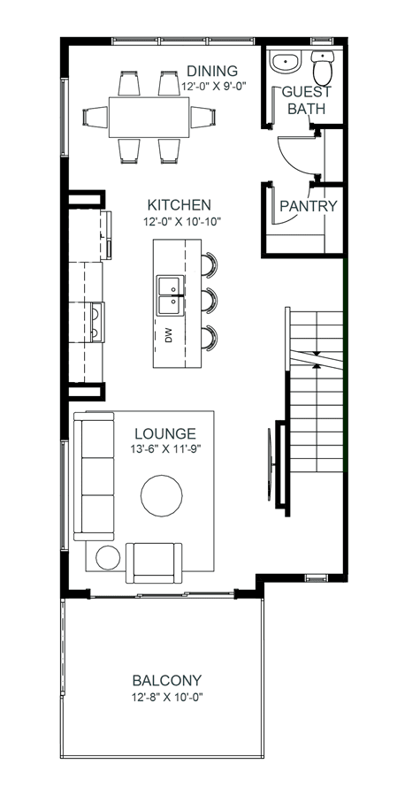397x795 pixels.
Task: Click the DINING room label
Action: point(212,71)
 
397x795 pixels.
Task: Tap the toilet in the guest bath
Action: point(322,67)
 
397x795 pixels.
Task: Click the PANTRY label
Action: point(309,206)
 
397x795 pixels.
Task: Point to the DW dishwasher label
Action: point(169,335)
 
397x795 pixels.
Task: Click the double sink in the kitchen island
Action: point(171,295)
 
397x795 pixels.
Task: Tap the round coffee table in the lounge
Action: point(162,496)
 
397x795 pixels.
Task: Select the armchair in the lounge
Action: point(154,562)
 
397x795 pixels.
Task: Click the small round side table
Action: point(108,558)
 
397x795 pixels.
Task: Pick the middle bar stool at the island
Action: point(210,300)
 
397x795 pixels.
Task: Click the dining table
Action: point(149,117)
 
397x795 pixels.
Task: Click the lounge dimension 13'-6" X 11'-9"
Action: point(165,448)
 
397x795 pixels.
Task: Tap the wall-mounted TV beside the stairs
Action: point(271,464)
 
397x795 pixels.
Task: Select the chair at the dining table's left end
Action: point(95,117)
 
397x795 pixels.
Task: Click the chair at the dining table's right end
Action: point(202,117)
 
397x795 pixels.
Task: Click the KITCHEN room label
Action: point(179,205)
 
